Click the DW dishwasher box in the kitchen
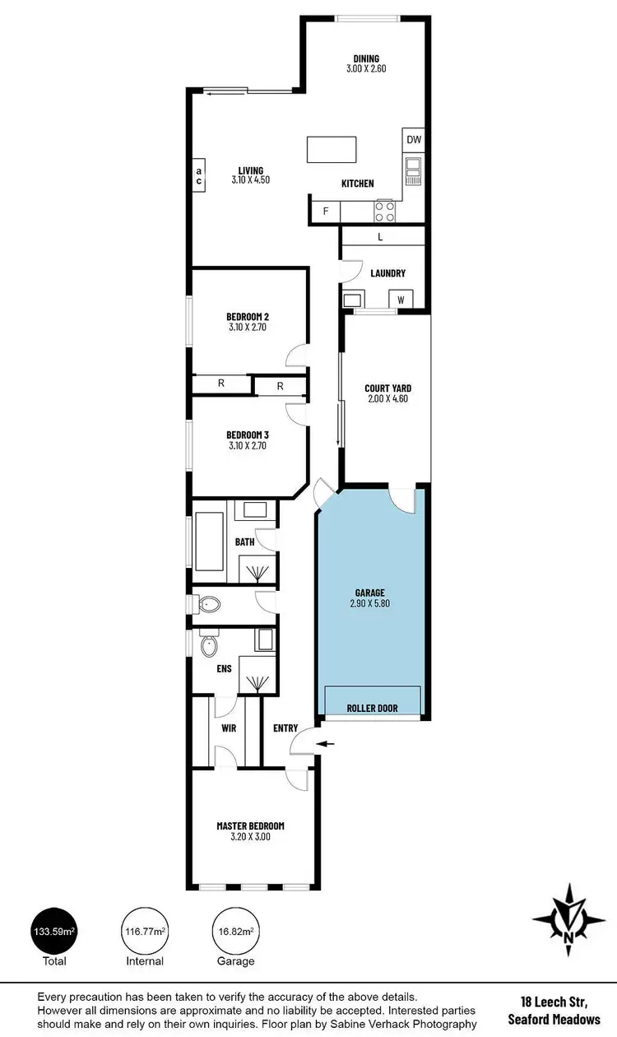(413, 140)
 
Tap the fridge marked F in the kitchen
(326, 212)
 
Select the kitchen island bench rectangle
(333, 150)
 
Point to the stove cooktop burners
(386, 212)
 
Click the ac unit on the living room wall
(198, 175)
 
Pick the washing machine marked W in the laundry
(401, 300)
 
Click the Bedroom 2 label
(248, 316)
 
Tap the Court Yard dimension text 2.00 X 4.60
(387, 399)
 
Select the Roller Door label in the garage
(372, 708)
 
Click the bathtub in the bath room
(210, 541)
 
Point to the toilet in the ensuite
(209, 644)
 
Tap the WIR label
(229, 728)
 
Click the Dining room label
(366, 58)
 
